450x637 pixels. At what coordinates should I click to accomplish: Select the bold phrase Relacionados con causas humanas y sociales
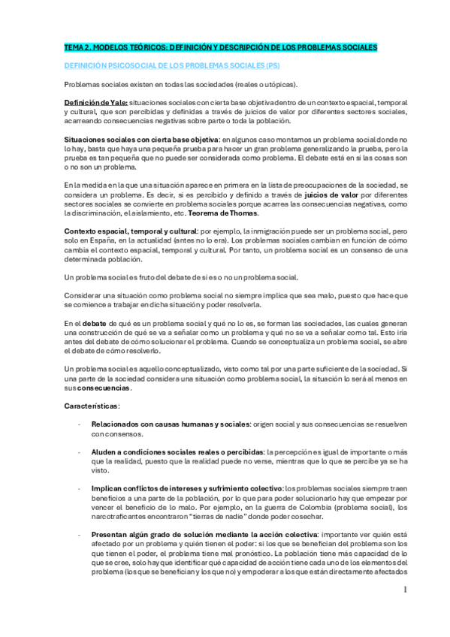point(171,424)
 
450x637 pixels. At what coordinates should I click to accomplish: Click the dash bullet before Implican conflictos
point(80,488)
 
